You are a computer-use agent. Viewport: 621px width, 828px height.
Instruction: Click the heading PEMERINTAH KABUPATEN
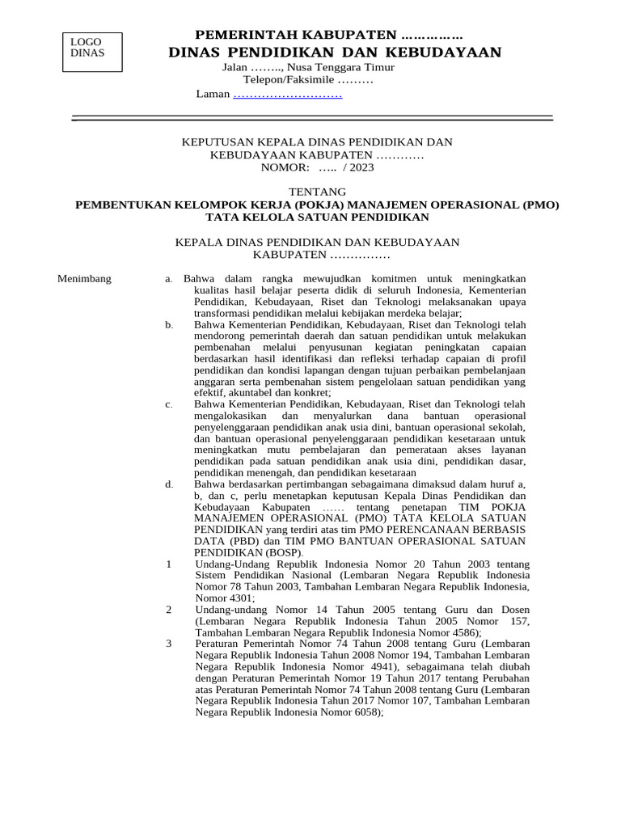329,35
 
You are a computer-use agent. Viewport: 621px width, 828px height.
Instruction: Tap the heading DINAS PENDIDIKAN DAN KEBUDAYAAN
335,53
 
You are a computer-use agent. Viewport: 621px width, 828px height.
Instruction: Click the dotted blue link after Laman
287,95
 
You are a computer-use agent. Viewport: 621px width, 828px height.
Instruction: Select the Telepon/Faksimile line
308,80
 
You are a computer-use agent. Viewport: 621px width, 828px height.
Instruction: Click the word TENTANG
317,192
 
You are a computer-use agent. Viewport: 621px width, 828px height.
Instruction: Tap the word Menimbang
84,279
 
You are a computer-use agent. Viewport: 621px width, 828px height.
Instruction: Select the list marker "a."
169,279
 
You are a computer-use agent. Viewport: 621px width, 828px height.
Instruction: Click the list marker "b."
169,324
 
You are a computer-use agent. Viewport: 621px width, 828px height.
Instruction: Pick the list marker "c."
169,404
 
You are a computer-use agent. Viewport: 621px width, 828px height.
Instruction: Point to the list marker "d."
169,484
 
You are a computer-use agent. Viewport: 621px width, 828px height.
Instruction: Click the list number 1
169,563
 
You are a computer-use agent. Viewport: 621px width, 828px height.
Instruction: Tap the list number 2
169,609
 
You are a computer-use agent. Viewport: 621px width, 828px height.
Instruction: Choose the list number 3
169,643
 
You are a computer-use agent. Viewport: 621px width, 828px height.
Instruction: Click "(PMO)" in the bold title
540,205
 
